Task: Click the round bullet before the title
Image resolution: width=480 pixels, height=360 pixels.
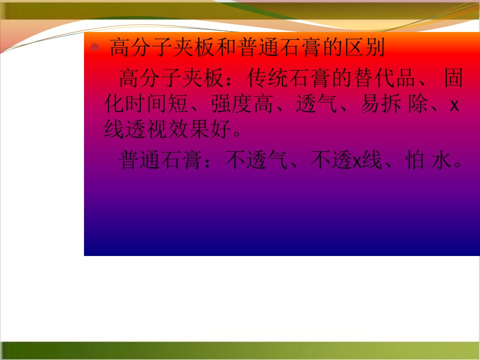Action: point(94,47)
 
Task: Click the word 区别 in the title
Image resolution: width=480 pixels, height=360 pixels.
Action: point(364,47)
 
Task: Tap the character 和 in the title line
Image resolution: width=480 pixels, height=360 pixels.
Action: point(226,47)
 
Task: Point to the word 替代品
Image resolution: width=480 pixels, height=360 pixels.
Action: point(385,78)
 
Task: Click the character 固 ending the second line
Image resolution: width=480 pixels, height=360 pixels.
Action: point(453,78)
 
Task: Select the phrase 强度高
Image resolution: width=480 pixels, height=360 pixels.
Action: point(242,103)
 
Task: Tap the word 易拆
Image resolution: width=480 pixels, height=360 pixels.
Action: point(381,103)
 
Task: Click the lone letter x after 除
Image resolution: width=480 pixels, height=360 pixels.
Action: point(454,105)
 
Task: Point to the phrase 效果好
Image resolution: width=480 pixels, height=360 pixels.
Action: point(199,129)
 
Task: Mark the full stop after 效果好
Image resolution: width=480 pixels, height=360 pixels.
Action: point(237,134)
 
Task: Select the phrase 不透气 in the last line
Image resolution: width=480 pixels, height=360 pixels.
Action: point(256,159)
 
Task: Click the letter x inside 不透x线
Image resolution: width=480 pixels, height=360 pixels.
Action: point(357,161)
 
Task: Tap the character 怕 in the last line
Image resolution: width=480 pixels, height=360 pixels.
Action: point(415,159)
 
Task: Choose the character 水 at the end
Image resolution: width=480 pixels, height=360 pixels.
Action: point(441,159)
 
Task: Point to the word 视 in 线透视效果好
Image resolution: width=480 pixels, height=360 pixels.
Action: point(157,129)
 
